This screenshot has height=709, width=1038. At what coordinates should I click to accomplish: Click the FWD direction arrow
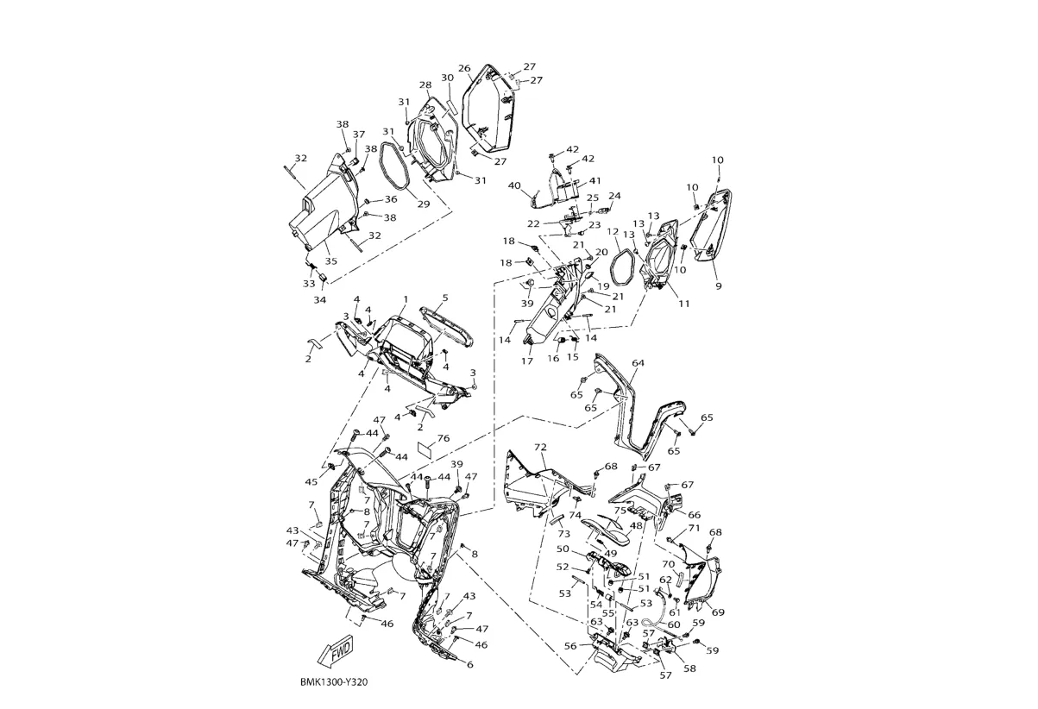(x=337, y=654)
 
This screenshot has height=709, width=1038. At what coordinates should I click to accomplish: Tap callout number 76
(x=444, y=438)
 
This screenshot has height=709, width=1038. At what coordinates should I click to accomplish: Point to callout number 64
(x=638, y=363)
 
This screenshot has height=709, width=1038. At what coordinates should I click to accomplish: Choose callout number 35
(x=469, y=665)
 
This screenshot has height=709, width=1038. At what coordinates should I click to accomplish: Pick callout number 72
(x=541, y=448)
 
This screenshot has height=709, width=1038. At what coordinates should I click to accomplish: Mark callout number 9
(x=718, y=285)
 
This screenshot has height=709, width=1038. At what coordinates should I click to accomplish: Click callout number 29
(x=424, y=204)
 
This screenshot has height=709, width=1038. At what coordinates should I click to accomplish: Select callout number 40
(x=514, y=185)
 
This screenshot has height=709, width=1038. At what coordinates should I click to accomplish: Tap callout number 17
(x=526, y=361)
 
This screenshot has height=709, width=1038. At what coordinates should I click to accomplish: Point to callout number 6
(x=469, y=665)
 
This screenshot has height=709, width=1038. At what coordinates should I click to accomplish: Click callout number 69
(x=718, y=612)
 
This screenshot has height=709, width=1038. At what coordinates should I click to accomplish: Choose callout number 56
(x=570, y=646)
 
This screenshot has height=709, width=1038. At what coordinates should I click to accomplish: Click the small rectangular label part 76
(x=425, y=449)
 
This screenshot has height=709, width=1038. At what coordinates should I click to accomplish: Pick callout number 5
(x=445, y=298)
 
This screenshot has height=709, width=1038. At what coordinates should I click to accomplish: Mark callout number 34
(x=320, y=299)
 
